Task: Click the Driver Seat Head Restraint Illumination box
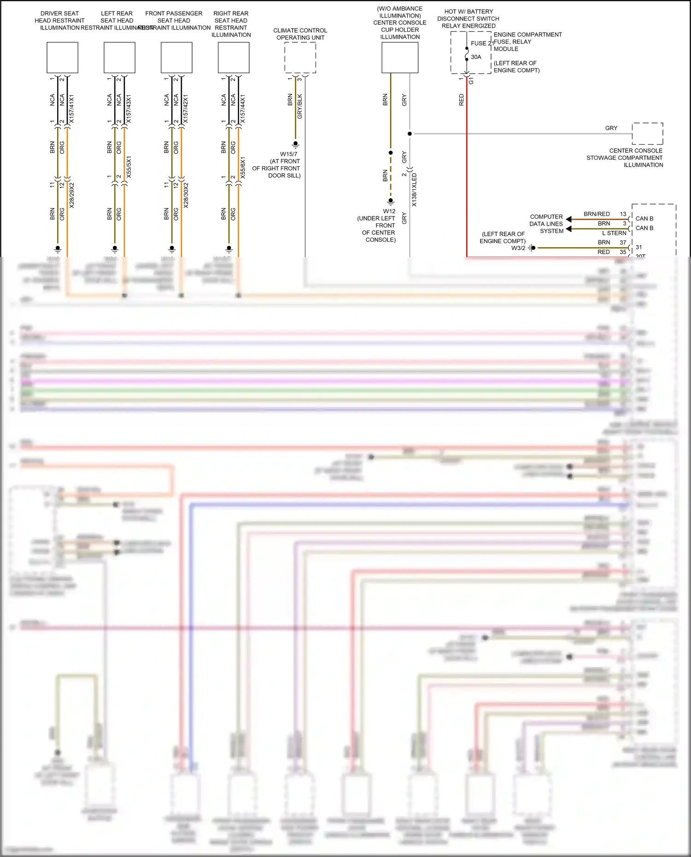pos(62,58)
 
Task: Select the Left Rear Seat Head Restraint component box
pos(119,58)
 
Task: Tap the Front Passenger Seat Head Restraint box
pos(176,58)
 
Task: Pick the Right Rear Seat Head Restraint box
pos(234,58)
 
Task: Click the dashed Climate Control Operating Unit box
pos(300,58)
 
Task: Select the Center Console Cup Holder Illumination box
pos(400,58)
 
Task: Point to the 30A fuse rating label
pos(476,57)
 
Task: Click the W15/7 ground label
pos(289,154)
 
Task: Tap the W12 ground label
pos(389,211)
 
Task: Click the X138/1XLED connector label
pos(414,190)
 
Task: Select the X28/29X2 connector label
pos(72,195)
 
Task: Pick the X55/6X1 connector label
pos(243,168)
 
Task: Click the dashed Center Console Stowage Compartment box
pos(647,134)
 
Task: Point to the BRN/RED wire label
pos(597,214)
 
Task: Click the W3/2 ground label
pos(518,248)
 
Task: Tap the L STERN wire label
pos(614,233)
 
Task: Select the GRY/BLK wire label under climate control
pos(300,106)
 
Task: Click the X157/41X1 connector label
pos(71,109)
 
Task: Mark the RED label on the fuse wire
pos(462,100)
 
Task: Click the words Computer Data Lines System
pos(546,224)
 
